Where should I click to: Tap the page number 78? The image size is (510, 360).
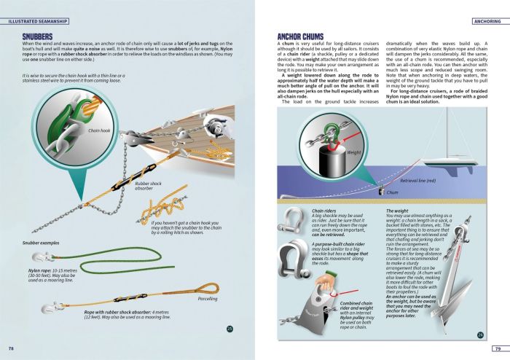pyautogui.click(x=11, y=348)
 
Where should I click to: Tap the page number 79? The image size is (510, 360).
pyautogui.click(x=498, y=348)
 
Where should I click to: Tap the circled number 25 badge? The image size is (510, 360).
pyautogui.click(x=229, y=329)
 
